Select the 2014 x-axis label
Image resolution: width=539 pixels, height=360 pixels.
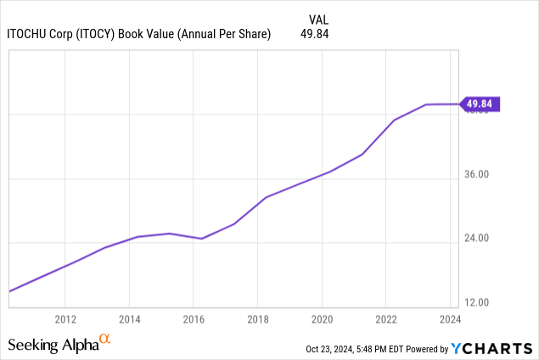click(129, 319)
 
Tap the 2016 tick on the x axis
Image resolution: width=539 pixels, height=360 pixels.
click(194, 319)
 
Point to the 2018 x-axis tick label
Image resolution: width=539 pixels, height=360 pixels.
click(257, 319)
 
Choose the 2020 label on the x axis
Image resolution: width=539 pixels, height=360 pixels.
click(322, 319)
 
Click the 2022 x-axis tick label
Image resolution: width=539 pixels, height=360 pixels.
click(386, 319)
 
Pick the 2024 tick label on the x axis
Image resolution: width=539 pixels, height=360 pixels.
click(450, 319)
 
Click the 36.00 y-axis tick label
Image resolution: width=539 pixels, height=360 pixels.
click(478, 175)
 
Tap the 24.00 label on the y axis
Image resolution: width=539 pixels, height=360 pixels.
click(478, 239)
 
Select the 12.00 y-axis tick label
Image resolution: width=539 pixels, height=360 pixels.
click(478, 302)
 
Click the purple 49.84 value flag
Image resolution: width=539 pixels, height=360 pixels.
click(480, 104)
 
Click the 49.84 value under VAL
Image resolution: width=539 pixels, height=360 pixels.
click(314, 34)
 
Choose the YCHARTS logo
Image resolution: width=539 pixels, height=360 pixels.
click(491, 348)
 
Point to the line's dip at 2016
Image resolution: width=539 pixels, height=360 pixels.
click(201, 239)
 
